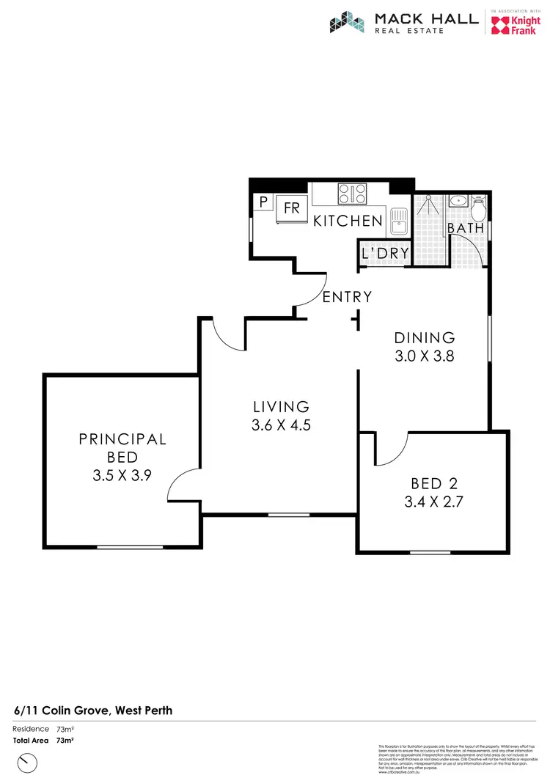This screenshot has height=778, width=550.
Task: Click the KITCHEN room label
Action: pyautogui.click(x=348, y=221)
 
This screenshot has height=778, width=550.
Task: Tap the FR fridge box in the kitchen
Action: pyautogui.click(x=291, y=208)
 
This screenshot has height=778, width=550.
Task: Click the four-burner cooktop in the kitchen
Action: pyautogui.click(x=352, y=194)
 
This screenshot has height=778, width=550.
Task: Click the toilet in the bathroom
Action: pyautogui.click(x=478, y=208)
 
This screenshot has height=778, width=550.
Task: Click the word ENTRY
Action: pyautogui.click(x=348, y=297)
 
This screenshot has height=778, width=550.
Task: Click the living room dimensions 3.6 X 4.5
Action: pyautogui.click(x=282, y=424)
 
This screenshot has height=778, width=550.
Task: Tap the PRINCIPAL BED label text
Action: pyautogui.click(x=122, y=447)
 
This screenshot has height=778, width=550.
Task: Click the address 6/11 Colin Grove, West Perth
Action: pyautogui.click(x=93, y=710)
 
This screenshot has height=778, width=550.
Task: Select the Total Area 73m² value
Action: pyautogui.click(x=65, y=741)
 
